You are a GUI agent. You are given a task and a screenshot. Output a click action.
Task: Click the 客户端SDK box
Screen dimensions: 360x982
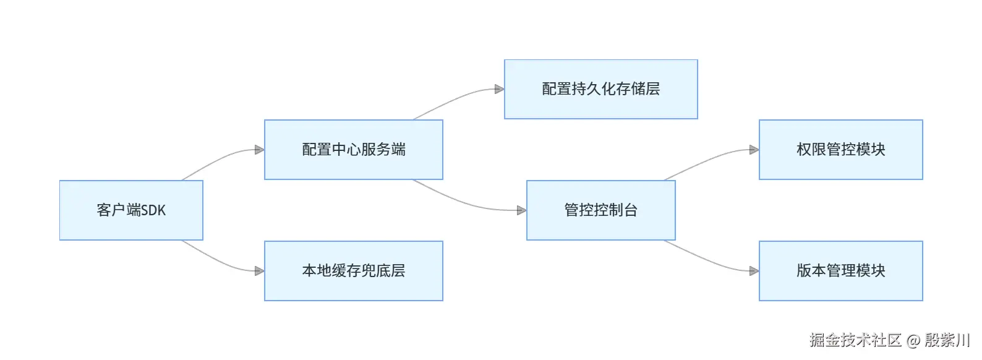[x=131, y=210]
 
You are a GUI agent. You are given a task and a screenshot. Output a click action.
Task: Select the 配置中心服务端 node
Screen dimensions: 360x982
[x=354, y=150]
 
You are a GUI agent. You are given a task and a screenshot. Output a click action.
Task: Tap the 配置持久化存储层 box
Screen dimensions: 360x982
[x=601, y=89]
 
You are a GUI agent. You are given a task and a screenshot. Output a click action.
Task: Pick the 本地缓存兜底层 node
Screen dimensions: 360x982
[x=354, y=271]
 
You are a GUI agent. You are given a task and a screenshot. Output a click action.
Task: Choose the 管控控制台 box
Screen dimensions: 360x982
[x=601, y=210]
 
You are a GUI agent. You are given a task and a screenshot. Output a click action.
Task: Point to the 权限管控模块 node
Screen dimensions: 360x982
[x=841, y=150]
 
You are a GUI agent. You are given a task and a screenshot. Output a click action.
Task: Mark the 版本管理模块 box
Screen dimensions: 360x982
[x=841, y=271]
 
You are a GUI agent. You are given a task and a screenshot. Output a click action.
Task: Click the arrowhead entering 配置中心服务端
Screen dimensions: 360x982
[x=260, y=150]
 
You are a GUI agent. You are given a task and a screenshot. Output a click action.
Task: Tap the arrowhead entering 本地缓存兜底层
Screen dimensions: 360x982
[x=260, y=271]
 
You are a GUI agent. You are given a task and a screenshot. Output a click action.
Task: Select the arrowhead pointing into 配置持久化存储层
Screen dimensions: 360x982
[x=500, y=89]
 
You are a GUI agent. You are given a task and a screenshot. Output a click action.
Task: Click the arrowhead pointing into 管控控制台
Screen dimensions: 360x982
[x=522, y=210]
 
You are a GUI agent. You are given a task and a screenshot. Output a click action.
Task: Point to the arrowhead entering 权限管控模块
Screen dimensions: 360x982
[x=754, y=150]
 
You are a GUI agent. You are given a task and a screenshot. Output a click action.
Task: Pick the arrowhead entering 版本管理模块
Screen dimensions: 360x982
[x=754, y=271]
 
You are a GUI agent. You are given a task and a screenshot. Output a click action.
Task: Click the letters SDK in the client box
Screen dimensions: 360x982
[x=154, y=210]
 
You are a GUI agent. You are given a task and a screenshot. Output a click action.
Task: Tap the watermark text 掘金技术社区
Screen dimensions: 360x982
[x=855, y=340]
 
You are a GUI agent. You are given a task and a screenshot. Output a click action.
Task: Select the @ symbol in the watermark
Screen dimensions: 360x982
[x=913, y=340]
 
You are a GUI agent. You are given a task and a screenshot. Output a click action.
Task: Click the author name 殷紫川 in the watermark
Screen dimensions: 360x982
[x=947, y=340]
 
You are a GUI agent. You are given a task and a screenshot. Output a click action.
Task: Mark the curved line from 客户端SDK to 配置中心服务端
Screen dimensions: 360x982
[x=220, y=160]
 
